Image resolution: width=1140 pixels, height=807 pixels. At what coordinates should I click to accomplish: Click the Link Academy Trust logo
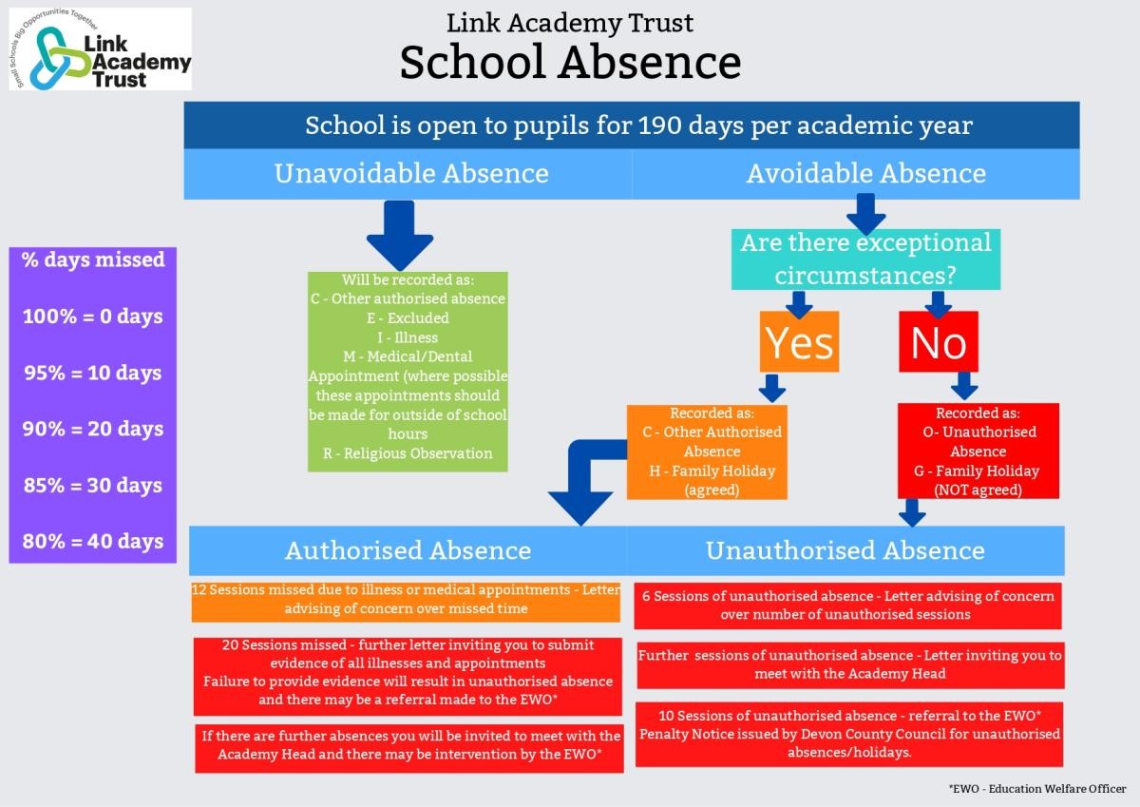click(101, 48)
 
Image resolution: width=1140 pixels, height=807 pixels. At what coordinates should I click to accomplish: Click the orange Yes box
click(799, 341)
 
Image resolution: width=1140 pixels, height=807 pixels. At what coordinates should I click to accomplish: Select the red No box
click(939, 341)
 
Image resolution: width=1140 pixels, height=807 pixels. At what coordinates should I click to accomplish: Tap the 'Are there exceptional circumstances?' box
click(865, 259)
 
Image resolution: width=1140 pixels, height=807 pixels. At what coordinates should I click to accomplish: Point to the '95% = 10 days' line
click(93, 373)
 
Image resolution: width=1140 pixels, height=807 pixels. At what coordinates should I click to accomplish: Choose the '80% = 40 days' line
click(93, 541)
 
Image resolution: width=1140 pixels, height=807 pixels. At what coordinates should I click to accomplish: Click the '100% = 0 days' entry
click(93, 317)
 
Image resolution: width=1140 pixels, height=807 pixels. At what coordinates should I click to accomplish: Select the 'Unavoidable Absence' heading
click(411, 173)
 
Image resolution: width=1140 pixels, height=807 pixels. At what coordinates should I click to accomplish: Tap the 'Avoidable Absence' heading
click(866, 173)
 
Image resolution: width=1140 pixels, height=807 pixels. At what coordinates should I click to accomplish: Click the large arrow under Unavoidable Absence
click(400, 235)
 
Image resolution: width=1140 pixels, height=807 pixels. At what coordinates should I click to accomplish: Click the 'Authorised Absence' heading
click(408, 550)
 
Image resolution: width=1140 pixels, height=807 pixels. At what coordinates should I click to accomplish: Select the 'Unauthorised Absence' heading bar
click(845, 550)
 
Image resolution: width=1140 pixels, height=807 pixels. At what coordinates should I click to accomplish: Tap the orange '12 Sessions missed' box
click(406, 602)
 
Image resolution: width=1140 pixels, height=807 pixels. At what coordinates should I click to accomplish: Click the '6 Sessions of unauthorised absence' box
click(847, 605)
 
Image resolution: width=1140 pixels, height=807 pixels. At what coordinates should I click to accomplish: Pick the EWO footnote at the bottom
click(1037, 789)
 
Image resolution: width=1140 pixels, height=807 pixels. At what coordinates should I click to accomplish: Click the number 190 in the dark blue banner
click(659, 125)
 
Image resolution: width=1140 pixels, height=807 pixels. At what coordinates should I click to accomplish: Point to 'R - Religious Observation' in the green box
click(408, 453)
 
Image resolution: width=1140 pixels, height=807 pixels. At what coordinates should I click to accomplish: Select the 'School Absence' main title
click(570, 62)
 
